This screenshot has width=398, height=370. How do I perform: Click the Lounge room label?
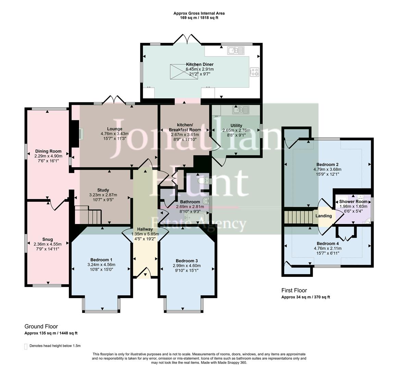coord(114,129)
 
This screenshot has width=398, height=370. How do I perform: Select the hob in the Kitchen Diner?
coord(254,72)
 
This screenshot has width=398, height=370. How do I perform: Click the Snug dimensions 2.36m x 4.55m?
coord(48,244)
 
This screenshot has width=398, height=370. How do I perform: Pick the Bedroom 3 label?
coord(187,260)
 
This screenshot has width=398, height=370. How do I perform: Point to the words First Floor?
coord(294,290)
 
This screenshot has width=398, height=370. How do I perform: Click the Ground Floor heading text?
coord(41,326)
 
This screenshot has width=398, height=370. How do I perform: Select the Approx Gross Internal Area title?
coord(199,13)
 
